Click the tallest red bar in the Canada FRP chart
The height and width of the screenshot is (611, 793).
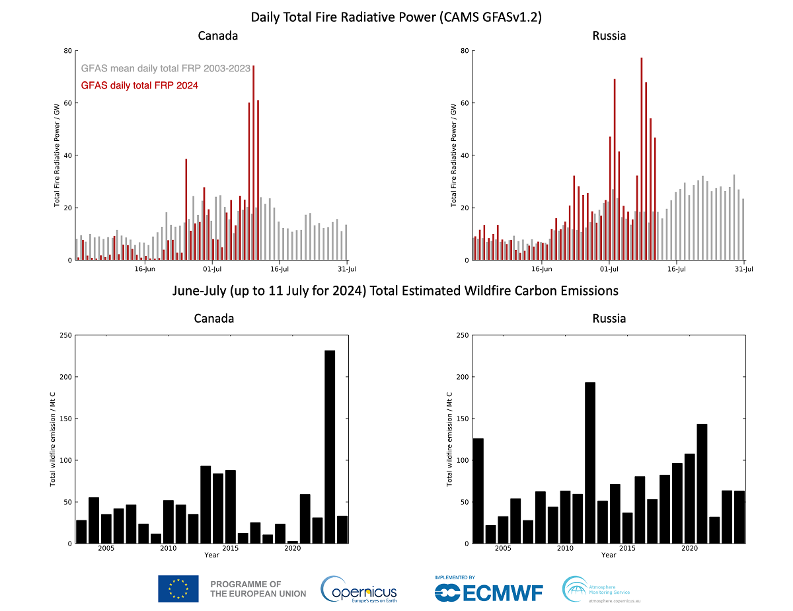pos(254,163)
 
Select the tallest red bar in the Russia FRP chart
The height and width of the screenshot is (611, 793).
pos(642,159)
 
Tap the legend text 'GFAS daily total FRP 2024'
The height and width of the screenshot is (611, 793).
pos(139,85)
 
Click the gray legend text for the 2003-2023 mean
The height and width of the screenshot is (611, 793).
pos(166,68)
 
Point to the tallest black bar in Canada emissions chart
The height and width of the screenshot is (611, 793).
pos(330,447)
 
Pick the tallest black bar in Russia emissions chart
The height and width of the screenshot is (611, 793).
pos(590,463)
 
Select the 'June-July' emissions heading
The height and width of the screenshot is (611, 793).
pos(395,291)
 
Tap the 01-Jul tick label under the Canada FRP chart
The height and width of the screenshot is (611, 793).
pos(212,269)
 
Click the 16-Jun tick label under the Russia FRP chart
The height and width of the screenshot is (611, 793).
pos(542,269)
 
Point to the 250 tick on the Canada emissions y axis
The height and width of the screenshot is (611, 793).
pos(65,335)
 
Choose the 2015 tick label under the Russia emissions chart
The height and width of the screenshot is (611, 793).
pos(627,548)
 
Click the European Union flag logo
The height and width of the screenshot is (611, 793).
pos(178,589)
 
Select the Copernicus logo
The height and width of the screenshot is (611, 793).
pos(359,589)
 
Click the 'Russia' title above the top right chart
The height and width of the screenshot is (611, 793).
pos(609,36)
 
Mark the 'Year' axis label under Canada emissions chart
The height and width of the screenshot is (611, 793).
pos(211,555)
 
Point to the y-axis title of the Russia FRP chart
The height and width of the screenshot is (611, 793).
pos(453,155)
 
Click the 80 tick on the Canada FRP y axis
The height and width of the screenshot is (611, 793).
pos(68,51)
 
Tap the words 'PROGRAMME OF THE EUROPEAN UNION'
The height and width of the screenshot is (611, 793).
pos(258,589)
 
